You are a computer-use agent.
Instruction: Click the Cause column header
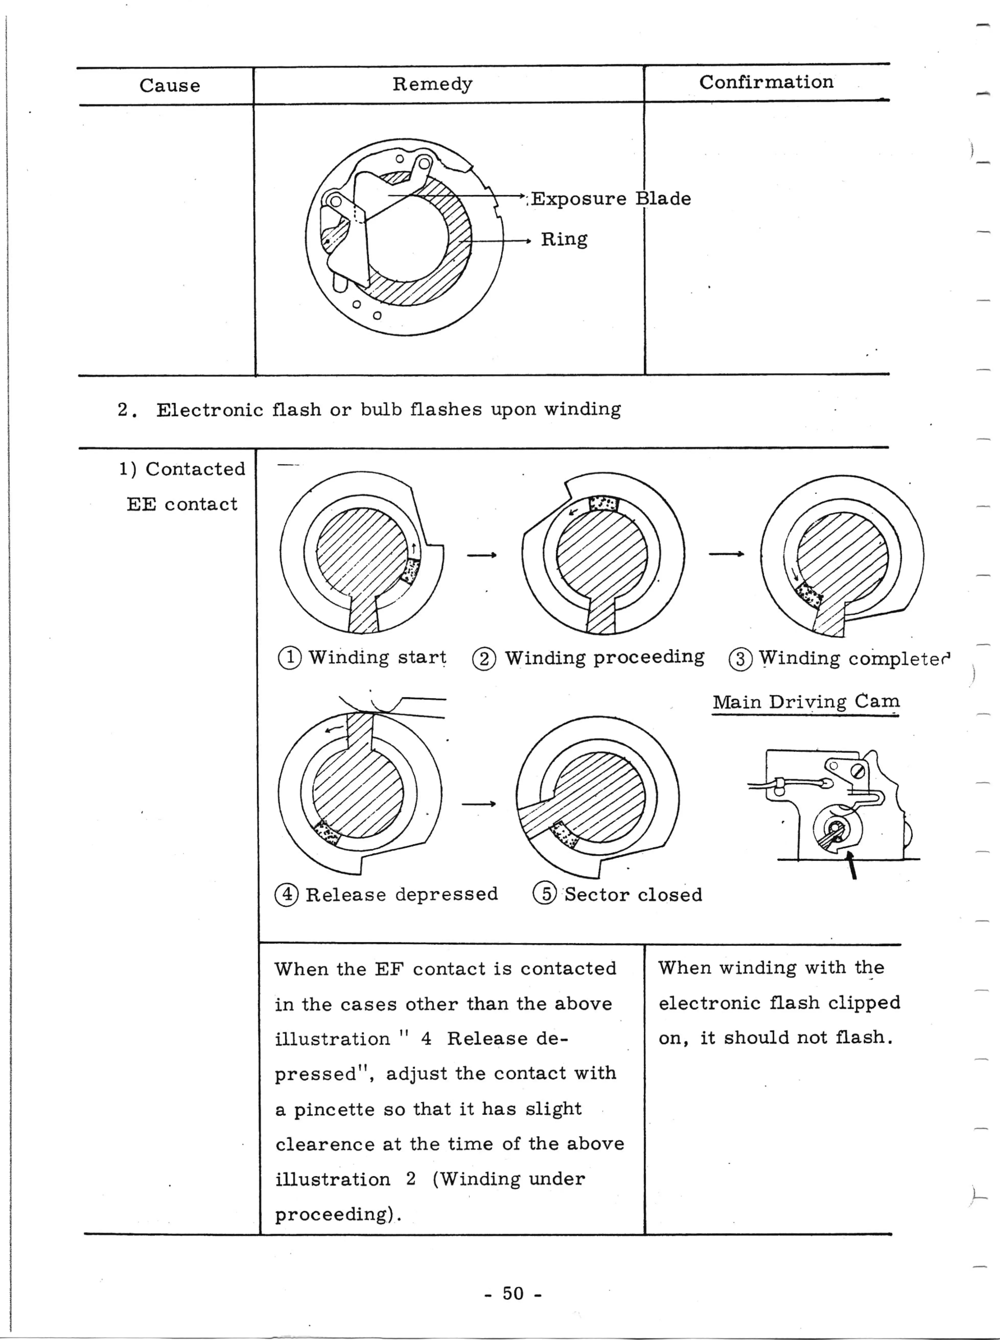point(169,85)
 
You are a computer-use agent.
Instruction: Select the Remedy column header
point(432,84)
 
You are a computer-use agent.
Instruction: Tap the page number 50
point(513,1293)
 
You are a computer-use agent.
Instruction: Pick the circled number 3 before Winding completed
point(740,659)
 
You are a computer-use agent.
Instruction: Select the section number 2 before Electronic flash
point(123,410)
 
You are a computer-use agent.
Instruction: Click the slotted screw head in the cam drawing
point(857,771)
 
